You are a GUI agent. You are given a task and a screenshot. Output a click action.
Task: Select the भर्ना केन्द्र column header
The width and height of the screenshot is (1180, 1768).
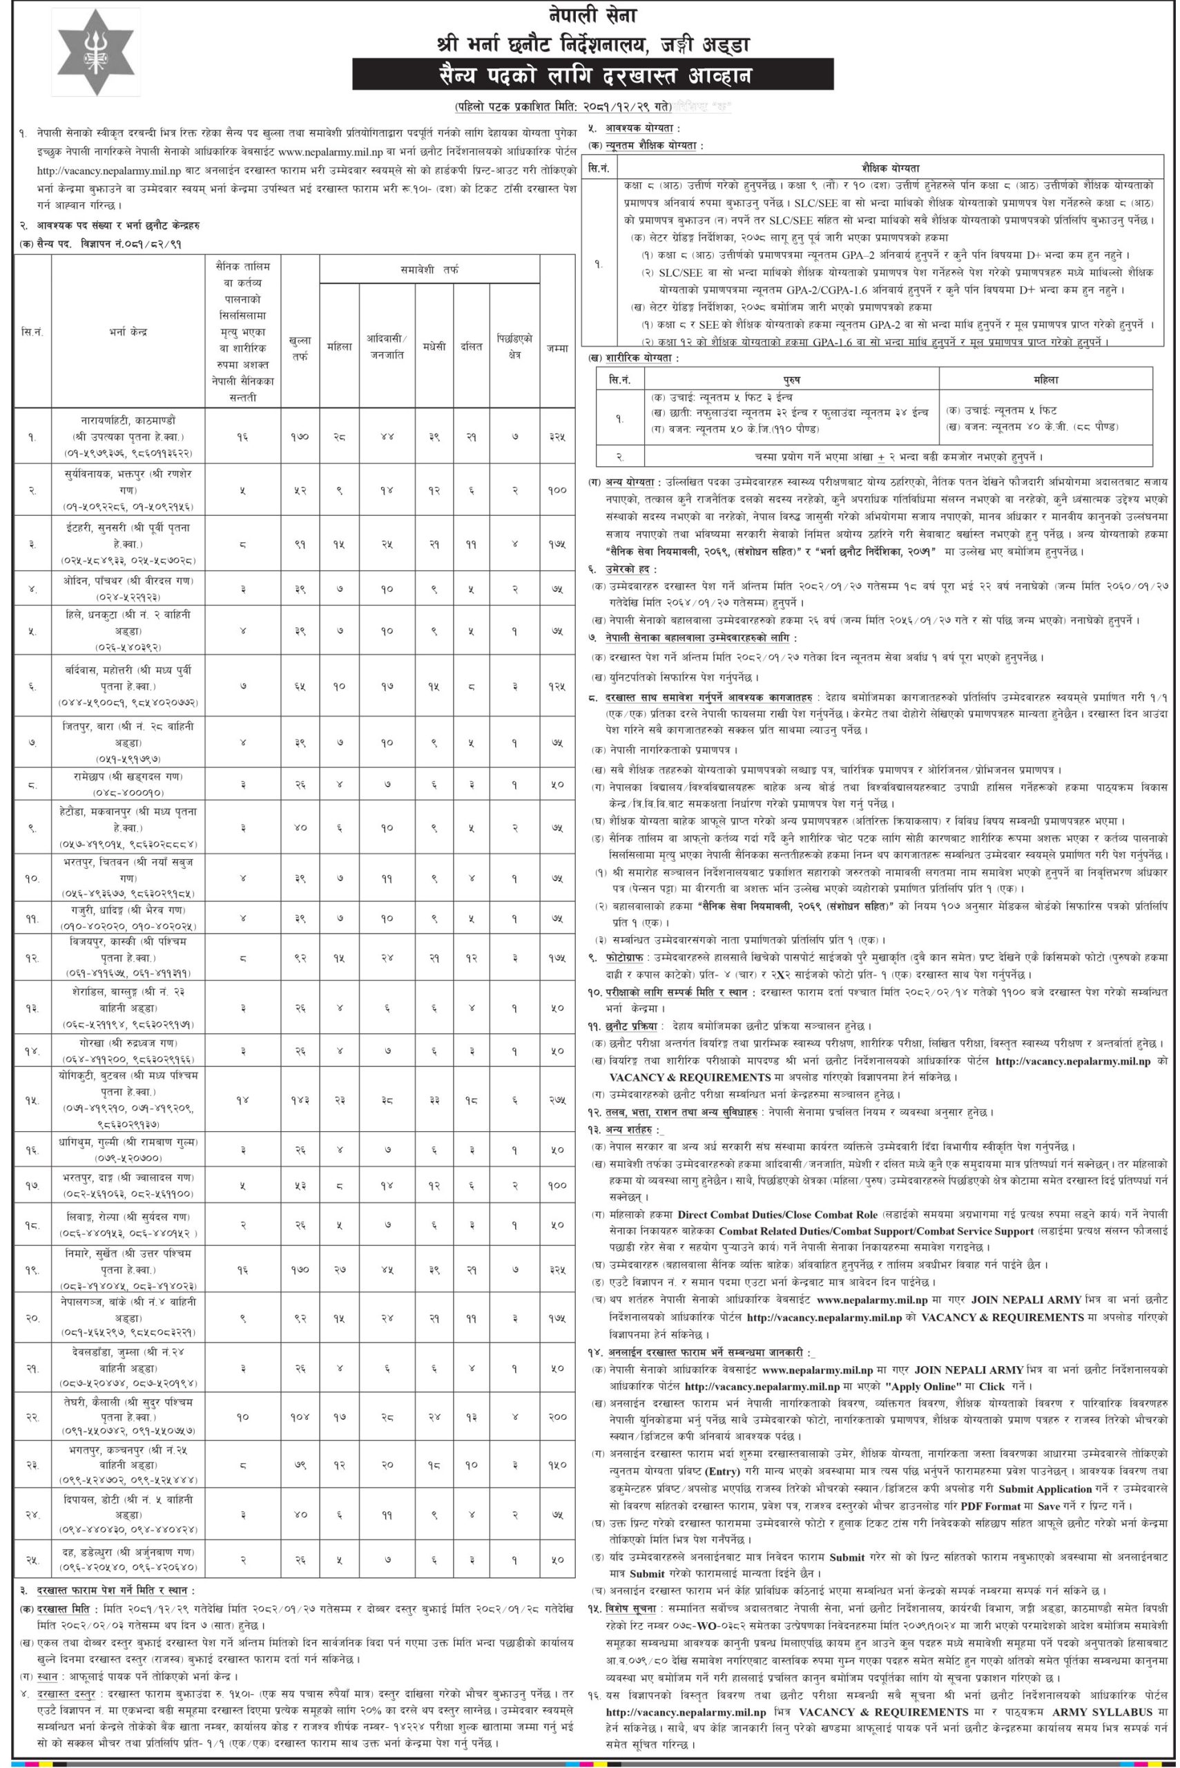click(x=128, y=330)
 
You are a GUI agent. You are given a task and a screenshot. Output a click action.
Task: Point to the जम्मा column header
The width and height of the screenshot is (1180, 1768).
click(x=558, y=347)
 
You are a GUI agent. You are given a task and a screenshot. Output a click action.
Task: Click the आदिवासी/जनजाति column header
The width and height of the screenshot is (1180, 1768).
click(x=386, y=347)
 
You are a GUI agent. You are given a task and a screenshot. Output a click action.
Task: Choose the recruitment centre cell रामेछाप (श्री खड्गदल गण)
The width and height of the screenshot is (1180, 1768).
click(x=128, y=784)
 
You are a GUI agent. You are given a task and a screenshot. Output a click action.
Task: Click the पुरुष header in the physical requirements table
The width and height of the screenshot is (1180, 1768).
click(x=793, y=381)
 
